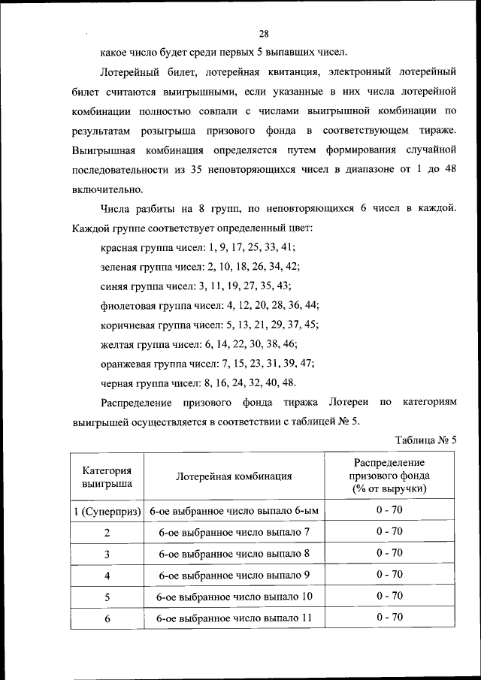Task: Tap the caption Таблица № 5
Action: (x=425, y=440)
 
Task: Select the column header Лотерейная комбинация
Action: (x=234, y=476)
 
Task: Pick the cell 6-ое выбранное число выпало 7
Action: (x=234, y=532)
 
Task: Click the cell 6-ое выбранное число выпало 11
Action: (x=234, y=618)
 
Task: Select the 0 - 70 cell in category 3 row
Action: (x=389, y=553)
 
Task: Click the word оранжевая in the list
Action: (x=126, y=363)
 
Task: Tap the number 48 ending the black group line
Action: (x=288, y=382)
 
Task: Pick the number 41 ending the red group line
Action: (x=289, y=246)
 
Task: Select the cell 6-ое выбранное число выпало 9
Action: (x=234, y=575)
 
